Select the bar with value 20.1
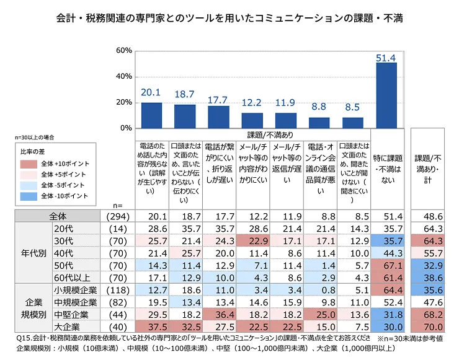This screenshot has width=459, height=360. (151, 115)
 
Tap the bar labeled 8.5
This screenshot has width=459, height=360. (352, 122)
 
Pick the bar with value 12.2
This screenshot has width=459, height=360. (252, 120)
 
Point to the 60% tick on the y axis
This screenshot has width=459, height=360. (123, 50)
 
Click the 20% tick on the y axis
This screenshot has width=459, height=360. (123, 102)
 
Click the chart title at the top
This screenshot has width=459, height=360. (229, 19)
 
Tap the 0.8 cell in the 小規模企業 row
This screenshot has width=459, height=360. (319, 289)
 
